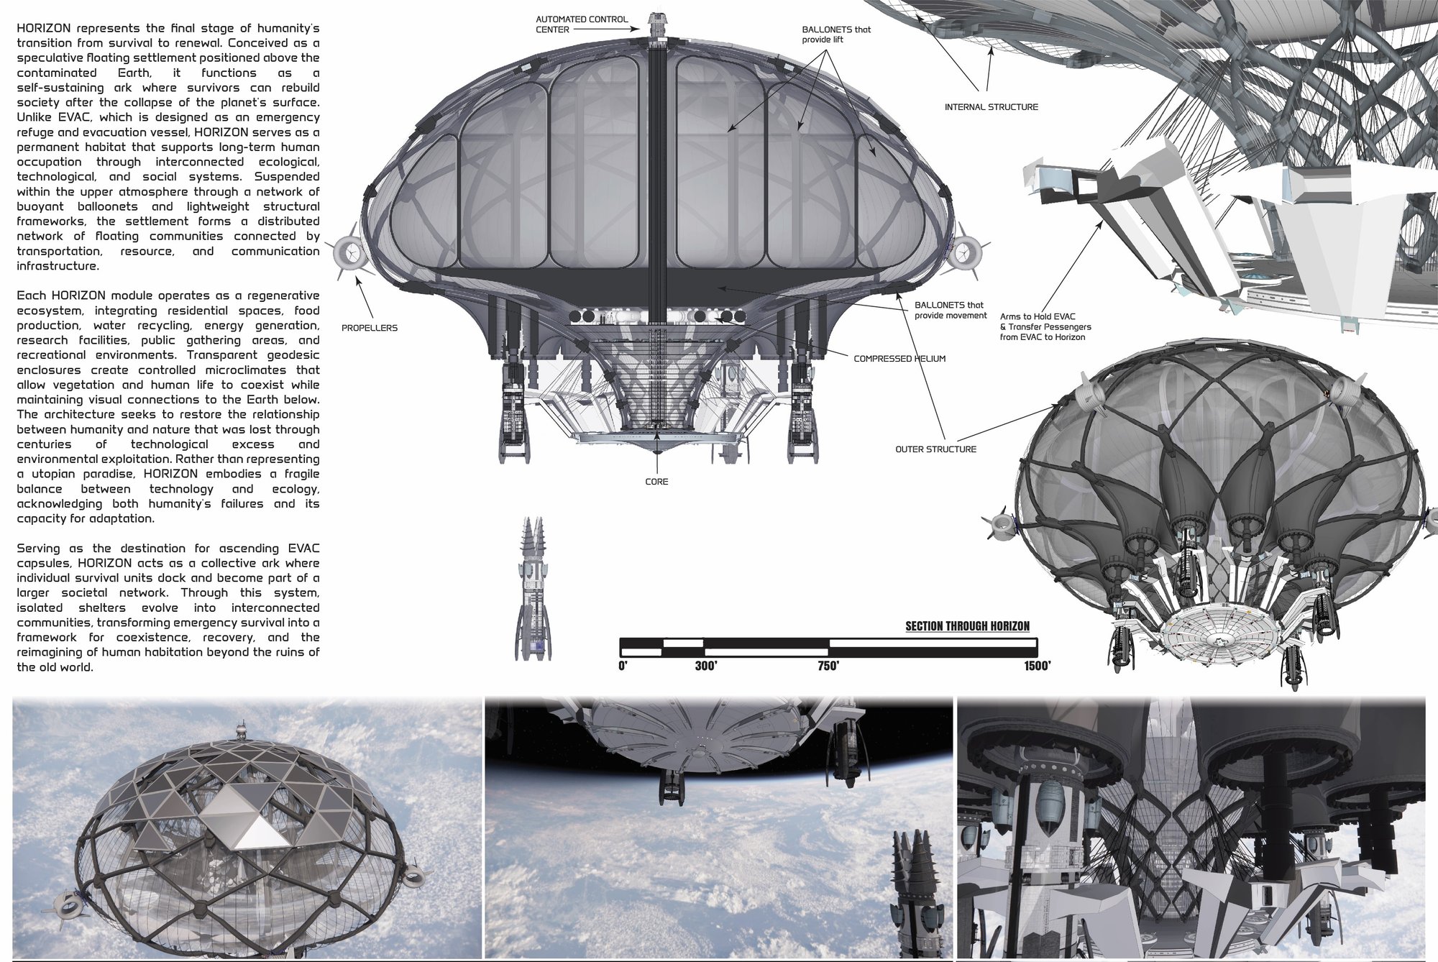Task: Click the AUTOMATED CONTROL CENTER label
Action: point(582,24)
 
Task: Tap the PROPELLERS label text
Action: point(370,328)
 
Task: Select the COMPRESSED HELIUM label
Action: point(899,359)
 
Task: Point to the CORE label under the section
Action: point(656,482)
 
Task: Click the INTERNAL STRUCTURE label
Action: point(992,107)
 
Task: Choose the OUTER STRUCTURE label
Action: point(935,449)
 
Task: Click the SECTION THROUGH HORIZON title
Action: point(967,626)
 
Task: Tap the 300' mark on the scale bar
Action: point(706,666)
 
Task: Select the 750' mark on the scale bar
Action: point(828,666)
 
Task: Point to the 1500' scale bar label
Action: point(1038,666)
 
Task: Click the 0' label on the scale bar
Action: point(623,666)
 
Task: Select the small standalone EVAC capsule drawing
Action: point(529,588)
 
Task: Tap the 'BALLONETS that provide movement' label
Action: point(951,311)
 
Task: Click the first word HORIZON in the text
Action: point(43,29)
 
